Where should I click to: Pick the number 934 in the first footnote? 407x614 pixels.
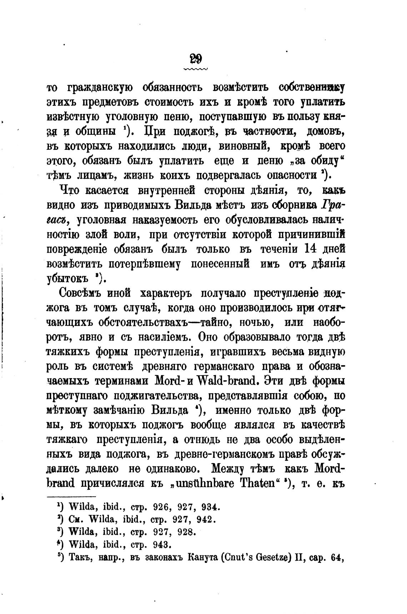(211, 507)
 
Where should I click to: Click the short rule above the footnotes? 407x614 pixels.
(71, 497)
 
